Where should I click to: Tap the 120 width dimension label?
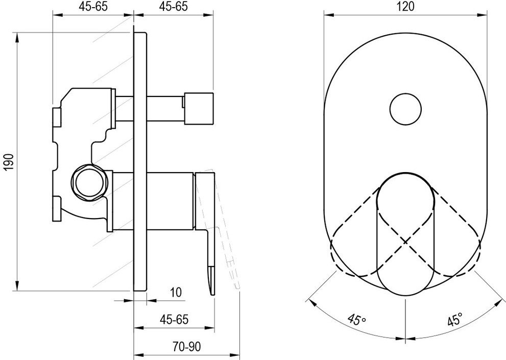pos(405,7)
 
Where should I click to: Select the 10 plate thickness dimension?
pos(175,293)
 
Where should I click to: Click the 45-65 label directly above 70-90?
pos(174,320)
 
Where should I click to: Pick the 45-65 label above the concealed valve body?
pos(93,7)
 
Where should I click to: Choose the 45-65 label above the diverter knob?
pos(174,7)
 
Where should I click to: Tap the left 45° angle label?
pos(357,320)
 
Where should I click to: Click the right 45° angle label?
pos(454,320)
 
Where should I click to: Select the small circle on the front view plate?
pos(405,108)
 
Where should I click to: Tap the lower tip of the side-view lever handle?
pos(210,290)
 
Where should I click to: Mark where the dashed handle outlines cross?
pos(405,240)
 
